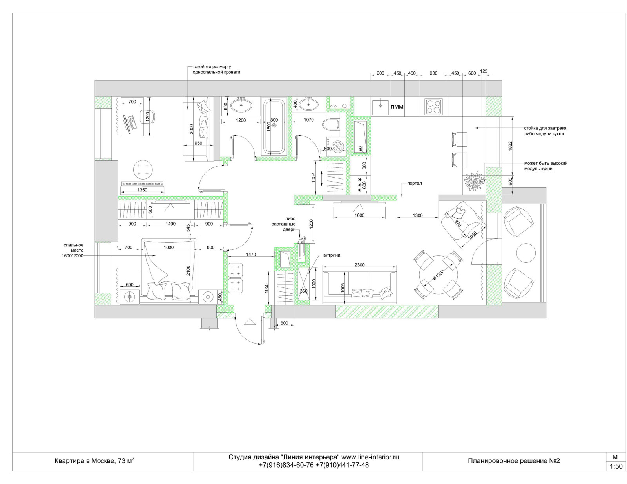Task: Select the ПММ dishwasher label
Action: pos(397,107)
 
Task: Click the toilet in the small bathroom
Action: pos(331,125)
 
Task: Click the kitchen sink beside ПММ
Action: pos(380,107)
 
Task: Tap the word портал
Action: pos(415,183)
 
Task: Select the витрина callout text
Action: pos(332,255)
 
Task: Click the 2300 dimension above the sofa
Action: pos(359,265)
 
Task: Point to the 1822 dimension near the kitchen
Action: pos(510,146)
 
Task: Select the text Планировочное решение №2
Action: pos(514,460)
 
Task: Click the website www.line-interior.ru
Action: pos(370,457)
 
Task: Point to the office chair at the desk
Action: pos(147,116)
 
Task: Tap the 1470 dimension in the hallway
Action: pos(251,255)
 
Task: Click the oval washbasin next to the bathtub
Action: pos(241,105)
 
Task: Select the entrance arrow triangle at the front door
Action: pos(250,322)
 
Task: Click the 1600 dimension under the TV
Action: pos(359,215)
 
